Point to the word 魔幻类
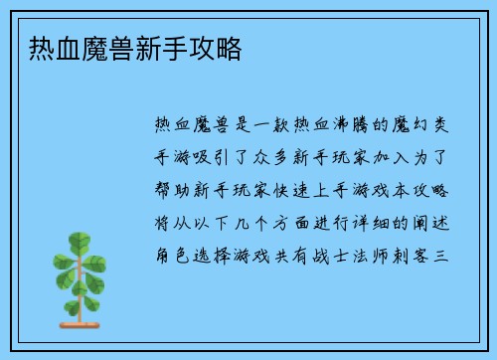coord(418,124)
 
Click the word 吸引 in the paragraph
coord(230,156)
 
